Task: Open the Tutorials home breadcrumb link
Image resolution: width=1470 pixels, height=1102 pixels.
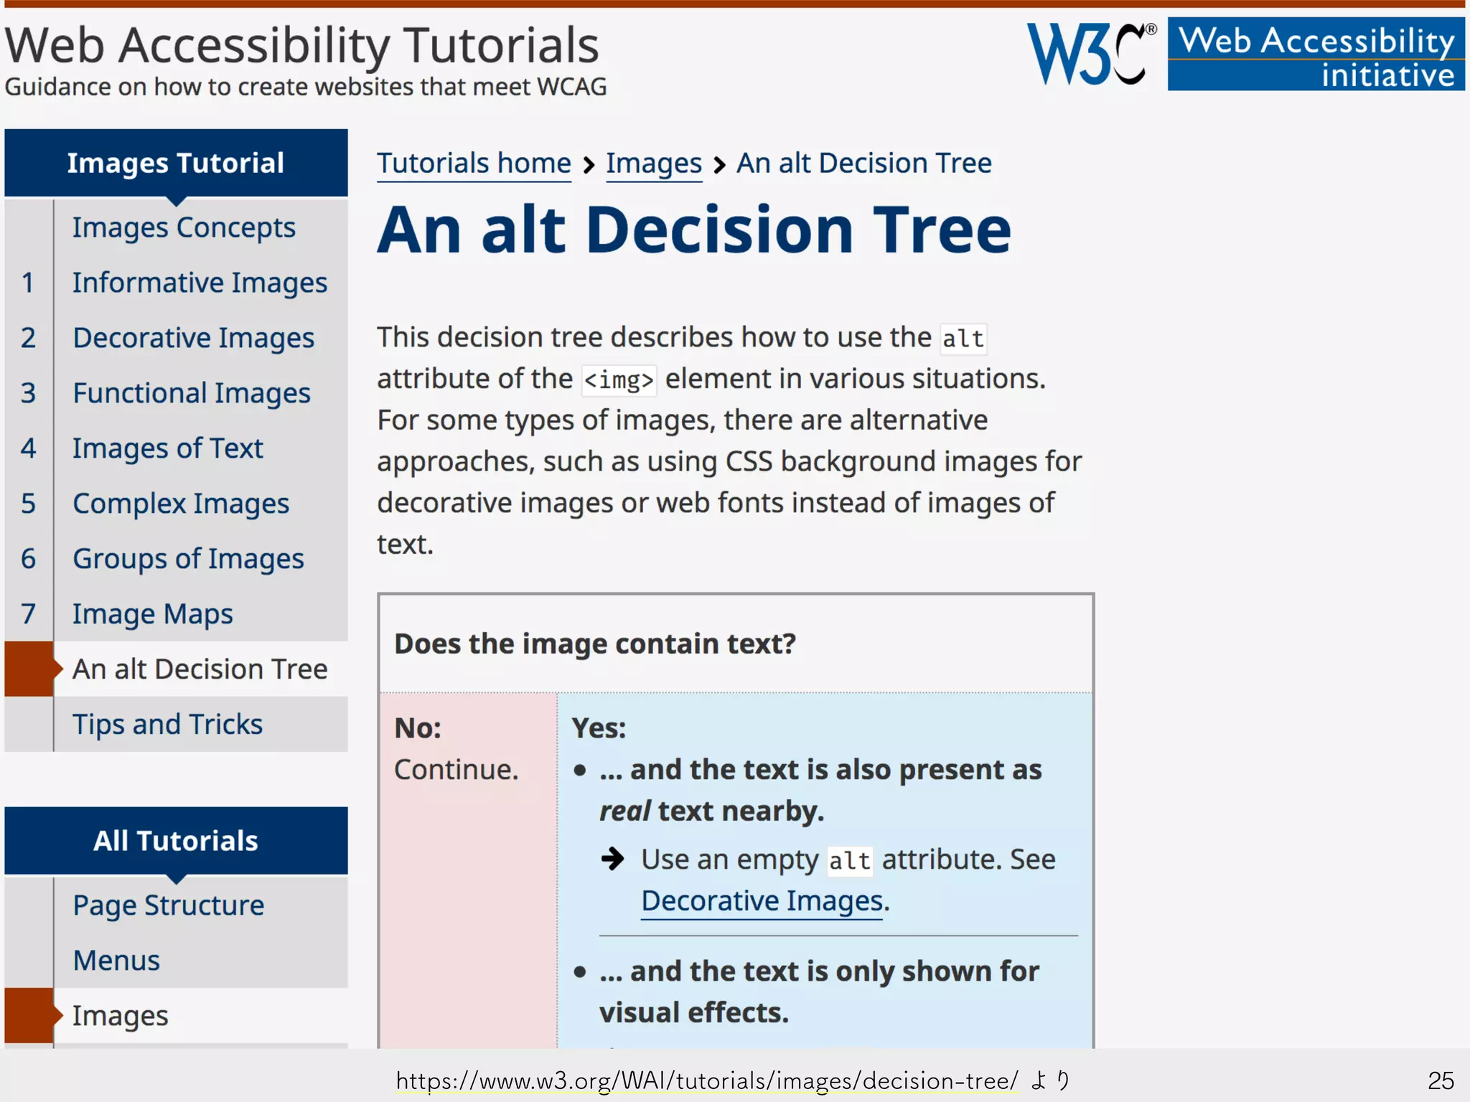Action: (x=474, y=164)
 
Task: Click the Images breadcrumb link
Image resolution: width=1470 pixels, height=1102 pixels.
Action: (x=653, y=164)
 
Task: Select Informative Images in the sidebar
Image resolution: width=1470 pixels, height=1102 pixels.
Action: (x=200, y=283)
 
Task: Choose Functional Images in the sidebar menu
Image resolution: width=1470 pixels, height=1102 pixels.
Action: (x=192, y=393)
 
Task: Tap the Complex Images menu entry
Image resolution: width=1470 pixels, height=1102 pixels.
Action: (x=181, y=504)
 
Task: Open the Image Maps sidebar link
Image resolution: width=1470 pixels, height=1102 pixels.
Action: (x=152, y=614)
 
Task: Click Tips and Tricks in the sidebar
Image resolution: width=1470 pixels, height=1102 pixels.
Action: (x=167, y=725)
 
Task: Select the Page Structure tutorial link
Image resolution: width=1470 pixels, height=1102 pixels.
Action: (x=168, y=905)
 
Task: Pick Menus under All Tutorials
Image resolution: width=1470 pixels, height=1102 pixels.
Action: (x=116, y=961)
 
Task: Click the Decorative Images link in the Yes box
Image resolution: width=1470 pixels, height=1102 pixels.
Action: (x=762, y=901)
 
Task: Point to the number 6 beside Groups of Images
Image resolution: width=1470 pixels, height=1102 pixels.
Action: (x=28, y=559)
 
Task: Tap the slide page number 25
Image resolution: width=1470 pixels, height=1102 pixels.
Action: (x=1440, y=1080)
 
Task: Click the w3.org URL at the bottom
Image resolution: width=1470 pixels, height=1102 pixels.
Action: (x=707, y=1080)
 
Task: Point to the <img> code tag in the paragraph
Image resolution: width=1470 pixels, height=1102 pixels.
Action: (x=618, y=380)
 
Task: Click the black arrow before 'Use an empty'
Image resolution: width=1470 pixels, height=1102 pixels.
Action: (x=613, y=858)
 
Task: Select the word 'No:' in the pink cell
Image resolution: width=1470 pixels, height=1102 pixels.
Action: (x=418, y=728)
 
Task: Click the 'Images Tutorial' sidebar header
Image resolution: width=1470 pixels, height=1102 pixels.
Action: (x=176, y=163)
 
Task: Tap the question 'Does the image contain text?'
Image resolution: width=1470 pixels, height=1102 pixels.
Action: (x=595, y=644)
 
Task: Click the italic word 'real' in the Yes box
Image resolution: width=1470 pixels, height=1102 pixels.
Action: (x=624, y=811)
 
